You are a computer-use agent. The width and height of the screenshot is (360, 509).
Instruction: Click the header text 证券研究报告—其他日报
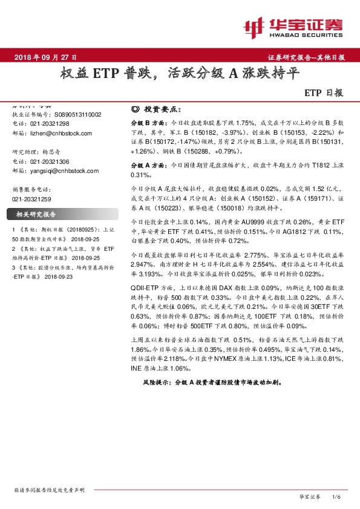tap(306, 57)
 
